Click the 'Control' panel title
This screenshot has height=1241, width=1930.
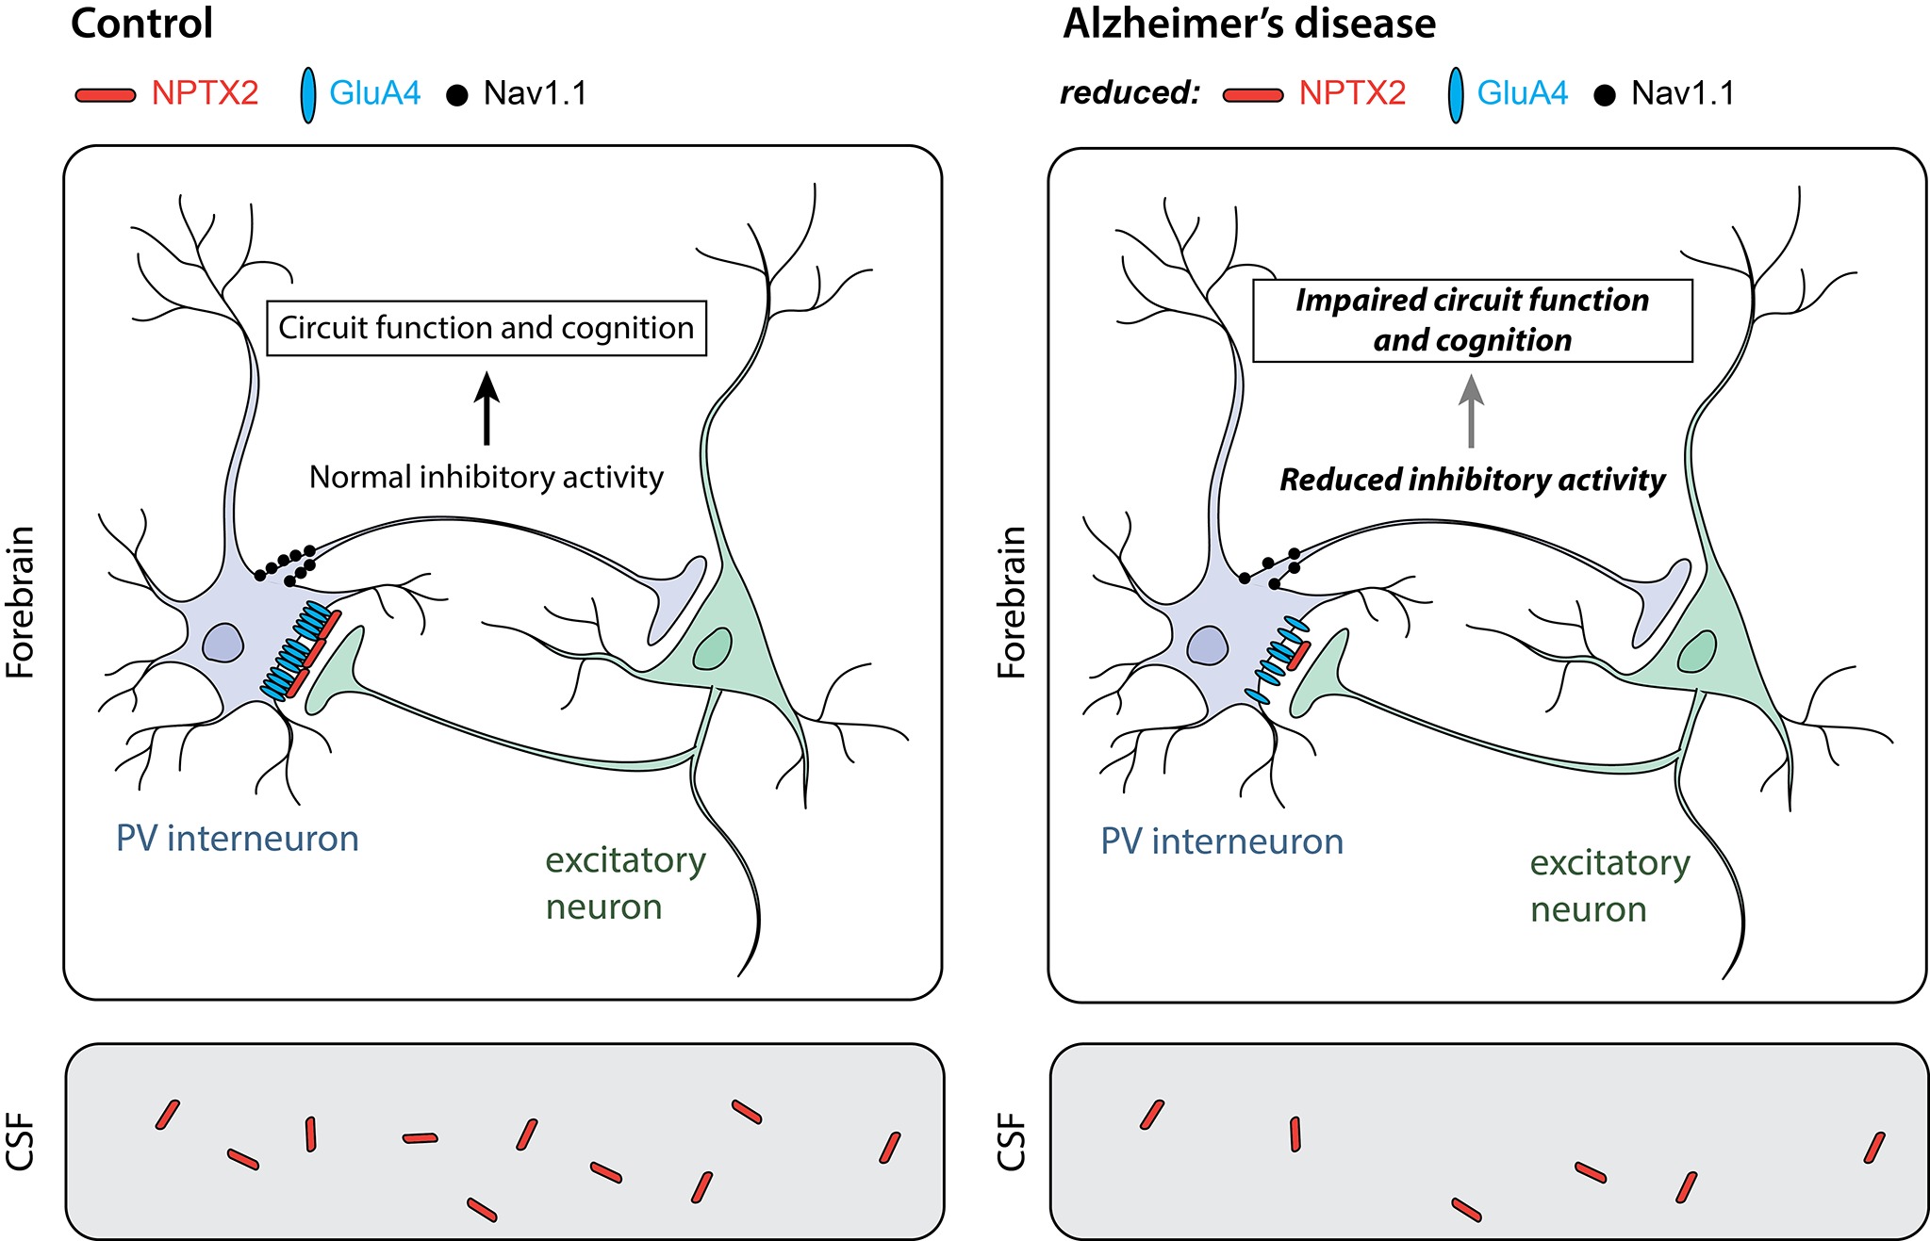click(141, 24)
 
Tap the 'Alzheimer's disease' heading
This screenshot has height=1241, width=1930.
click(1248, 24)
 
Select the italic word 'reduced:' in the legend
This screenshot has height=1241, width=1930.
click(1129, 93)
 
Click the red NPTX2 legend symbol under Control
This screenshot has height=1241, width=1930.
click(105, 95)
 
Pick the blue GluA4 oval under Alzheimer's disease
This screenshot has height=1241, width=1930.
click(1456, 95)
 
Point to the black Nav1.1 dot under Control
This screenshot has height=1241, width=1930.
click(456, 96)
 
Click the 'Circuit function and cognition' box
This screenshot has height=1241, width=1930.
click(486, 328)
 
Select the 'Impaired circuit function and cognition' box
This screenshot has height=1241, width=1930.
click(1472, 320)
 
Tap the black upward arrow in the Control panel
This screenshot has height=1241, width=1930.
click(487, 407)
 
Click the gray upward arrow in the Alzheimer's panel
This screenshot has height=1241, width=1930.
click(1471, 411)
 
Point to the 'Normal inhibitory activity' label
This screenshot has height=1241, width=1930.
click(486, 478)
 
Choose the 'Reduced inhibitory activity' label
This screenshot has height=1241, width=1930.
click(1472, 480)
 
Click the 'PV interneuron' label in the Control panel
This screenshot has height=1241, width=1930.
click(237, 838)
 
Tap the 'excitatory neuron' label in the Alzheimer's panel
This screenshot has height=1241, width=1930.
click(1608, 886)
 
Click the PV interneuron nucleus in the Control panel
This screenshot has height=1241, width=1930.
click(223, 644)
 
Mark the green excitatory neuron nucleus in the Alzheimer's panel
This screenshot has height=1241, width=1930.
click(1696, 651)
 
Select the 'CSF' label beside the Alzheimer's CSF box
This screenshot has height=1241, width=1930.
click(1011, 1141)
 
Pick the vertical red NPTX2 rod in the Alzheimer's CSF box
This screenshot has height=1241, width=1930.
click(1295, 1135)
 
